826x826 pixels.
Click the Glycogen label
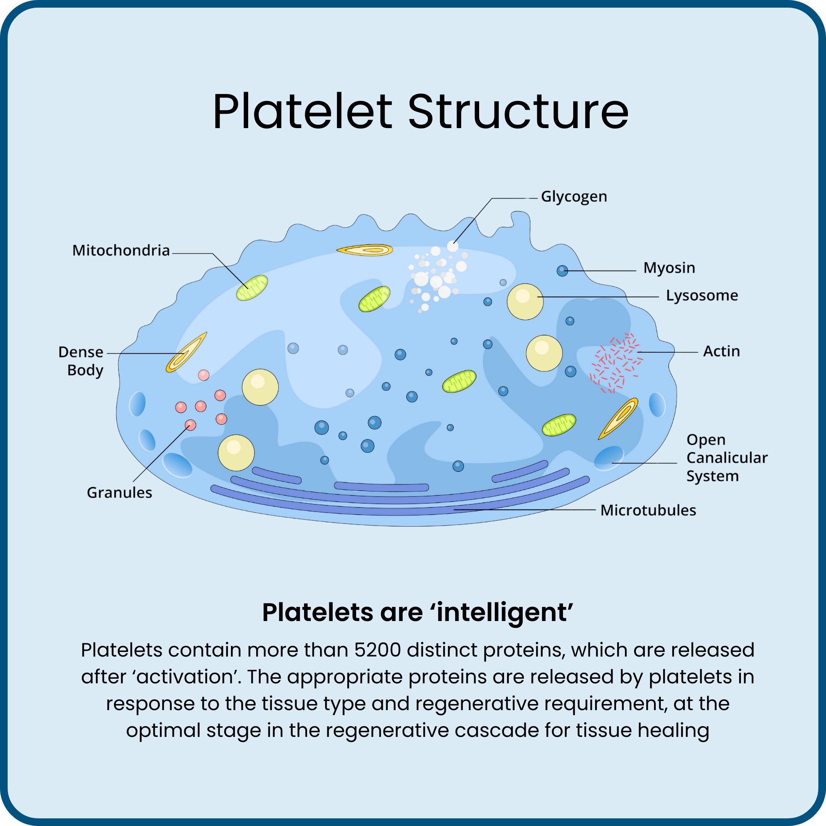[574, 197]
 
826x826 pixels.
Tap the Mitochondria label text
[121, 250]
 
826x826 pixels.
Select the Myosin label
[669, 268]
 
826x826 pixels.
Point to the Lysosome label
[702, 296]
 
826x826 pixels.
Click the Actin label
[721, 351]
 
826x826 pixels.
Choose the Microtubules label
[648, 511]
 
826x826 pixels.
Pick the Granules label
[119, 493]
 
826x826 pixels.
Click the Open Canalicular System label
[727, 458]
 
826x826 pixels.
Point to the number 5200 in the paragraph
[377, 650]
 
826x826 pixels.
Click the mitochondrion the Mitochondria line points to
[252, 288]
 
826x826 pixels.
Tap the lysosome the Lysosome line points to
[525, 301]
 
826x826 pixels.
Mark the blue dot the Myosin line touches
[562, 271]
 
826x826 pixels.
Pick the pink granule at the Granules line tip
[190, 425]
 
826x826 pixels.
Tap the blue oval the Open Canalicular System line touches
[609, 457]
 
